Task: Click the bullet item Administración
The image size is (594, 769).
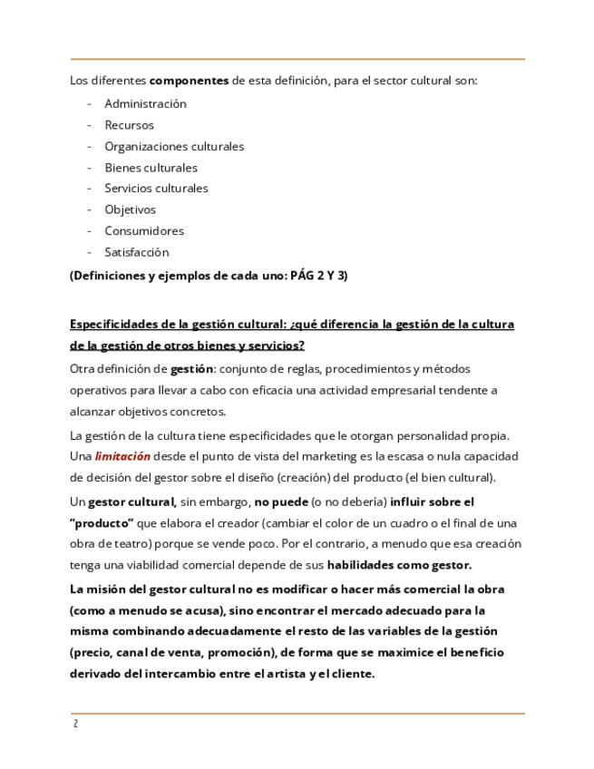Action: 145,103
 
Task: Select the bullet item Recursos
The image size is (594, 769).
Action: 129,125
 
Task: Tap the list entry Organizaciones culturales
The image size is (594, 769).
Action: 174,146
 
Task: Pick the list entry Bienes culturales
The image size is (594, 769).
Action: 151,168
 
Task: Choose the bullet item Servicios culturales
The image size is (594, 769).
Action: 156,189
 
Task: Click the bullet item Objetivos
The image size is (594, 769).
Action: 130,209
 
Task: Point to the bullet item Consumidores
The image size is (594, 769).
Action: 144,231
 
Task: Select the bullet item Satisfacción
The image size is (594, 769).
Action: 136,252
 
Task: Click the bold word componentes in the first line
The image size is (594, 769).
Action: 189,80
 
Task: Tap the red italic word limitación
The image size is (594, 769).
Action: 122,456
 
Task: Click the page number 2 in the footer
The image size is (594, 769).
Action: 73,725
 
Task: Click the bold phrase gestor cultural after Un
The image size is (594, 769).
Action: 131,501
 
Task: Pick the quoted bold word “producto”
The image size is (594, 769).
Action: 102,522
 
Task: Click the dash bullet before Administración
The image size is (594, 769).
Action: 90,103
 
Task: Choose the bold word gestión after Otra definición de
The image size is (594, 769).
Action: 191,369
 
